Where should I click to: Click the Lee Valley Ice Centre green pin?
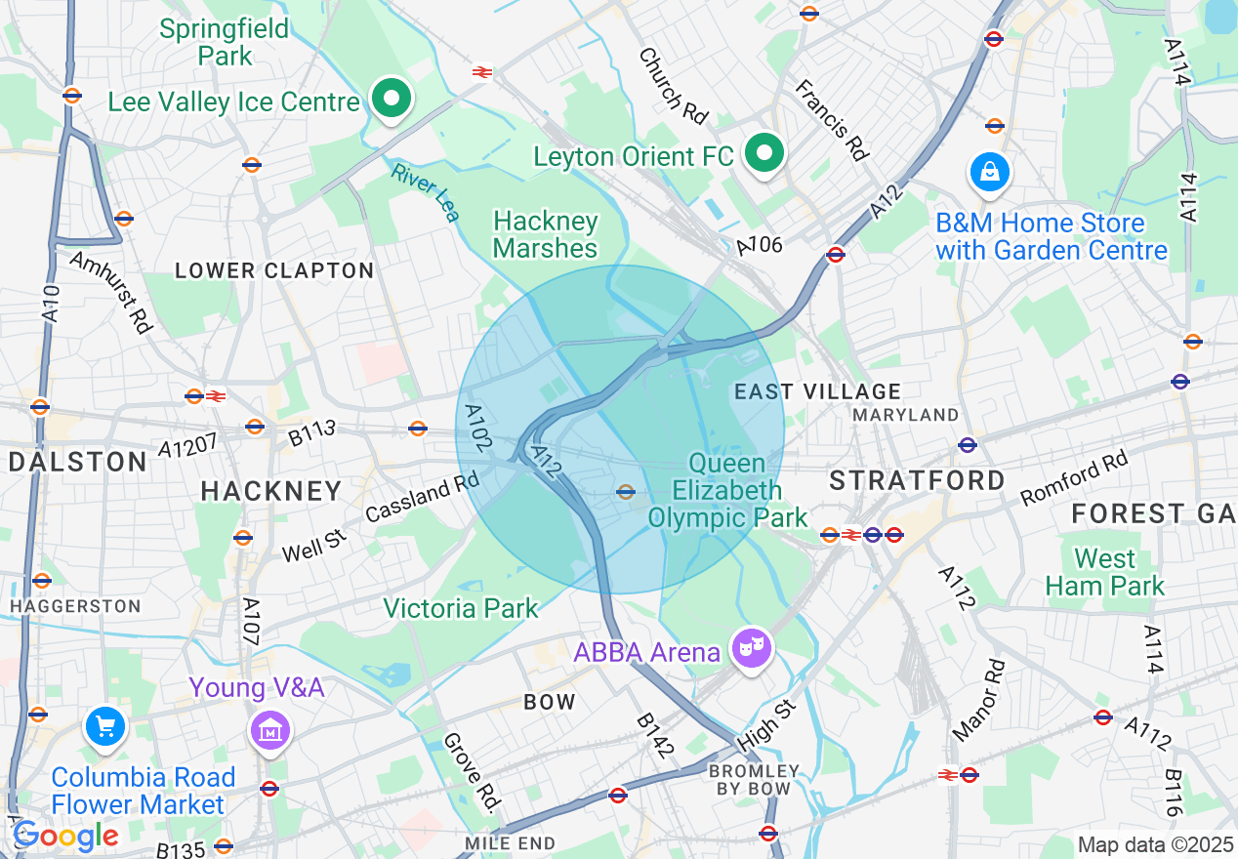[x=392, y=99]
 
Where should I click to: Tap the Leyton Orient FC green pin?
[x=765, y=153]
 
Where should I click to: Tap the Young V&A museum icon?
[x=270, y=729]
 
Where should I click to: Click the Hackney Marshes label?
[x=545, y=235]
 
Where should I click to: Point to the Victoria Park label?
[x=461, y=609]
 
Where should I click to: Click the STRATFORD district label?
[x=917, y=480]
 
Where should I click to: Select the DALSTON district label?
[x=78, y=462]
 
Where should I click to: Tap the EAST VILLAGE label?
[x=817, y=392]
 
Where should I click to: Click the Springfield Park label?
[x=225, y=43]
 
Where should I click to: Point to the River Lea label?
[x=425, y=192]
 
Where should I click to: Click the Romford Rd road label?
[x=1074, y=478]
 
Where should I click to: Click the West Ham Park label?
[x=1105, y=572]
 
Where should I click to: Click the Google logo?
[x=65, y=836]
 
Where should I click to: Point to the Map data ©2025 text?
[x=1155, y=844]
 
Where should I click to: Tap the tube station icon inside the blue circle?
[x=626, y=492]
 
